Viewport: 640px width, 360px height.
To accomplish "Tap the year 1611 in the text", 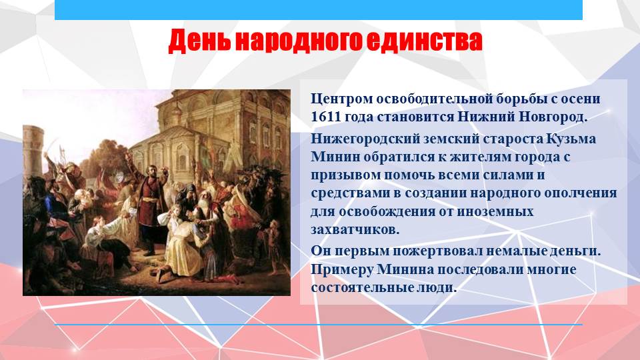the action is click(x=326, y=117).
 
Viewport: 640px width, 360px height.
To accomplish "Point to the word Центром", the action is click(x=341, y=99).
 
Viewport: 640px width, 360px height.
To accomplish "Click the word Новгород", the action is click(x=553, y=117).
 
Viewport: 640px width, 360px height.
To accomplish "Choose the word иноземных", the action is click(x=494, y=212).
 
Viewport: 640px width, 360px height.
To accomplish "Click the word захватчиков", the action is click(x=355, y=230).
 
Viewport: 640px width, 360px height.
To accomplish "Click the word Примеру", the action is click(x=341, y=270).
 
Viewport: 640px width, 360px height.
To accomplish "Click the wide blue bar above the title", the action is click(x=319, y=9).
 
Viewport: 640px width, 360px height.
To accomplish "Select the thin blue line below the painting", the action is click(x=319, y=325).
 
